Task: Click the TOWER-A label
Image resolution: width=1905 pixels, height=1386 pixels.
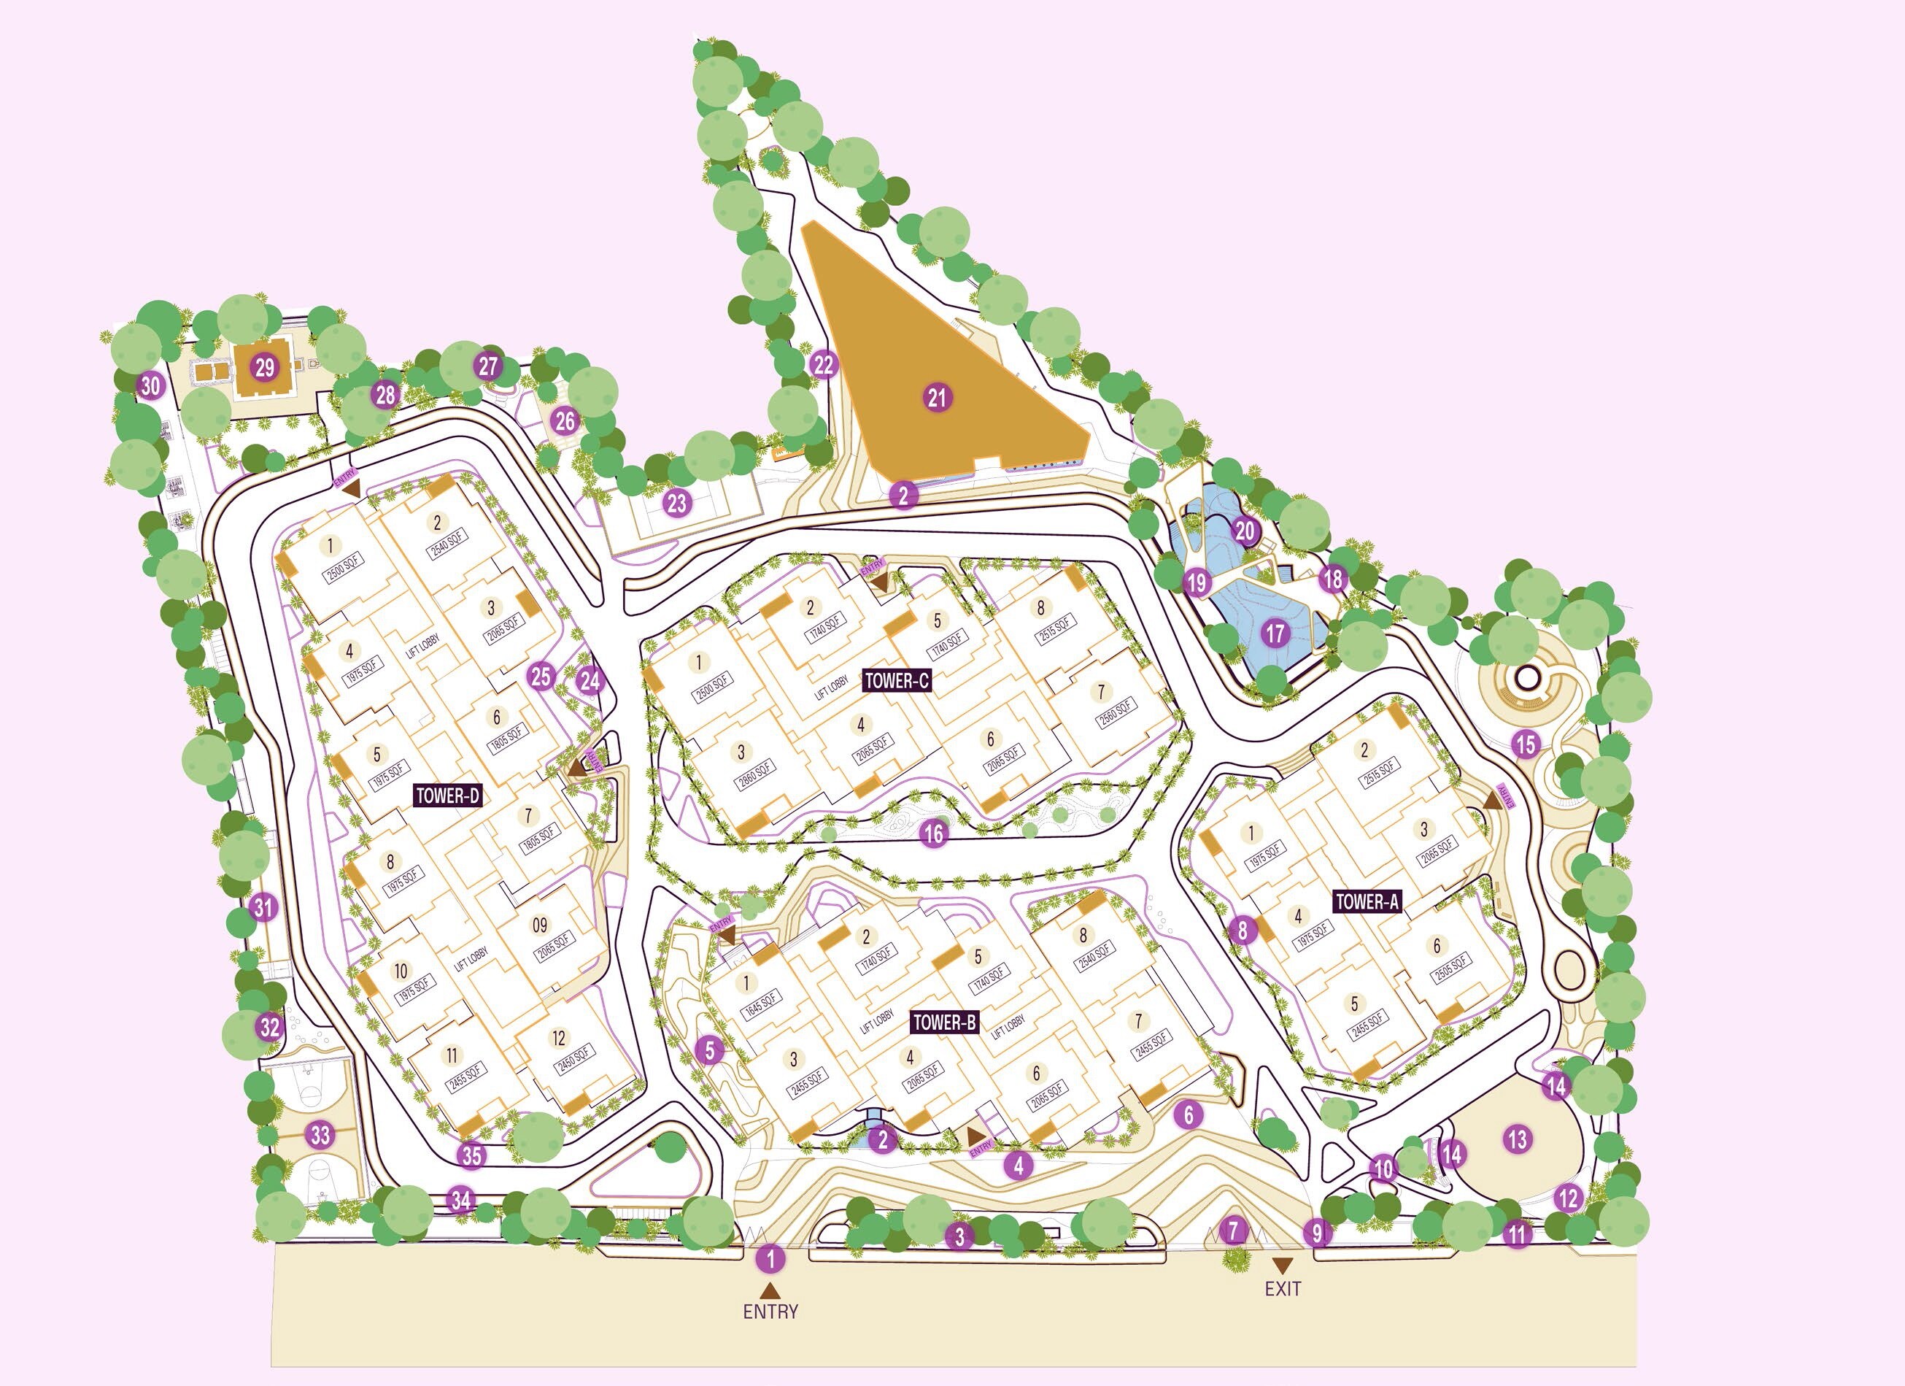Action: coord(1367,902)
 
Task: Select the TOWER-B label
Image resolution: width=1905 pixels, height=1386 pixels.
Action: coord(945,1023)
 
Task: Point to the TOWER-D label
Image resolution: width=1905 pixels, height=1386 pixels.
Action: coord(449,796)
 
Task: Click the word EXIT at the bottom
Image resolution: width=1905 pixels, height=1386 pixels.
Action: coord(1283,1288)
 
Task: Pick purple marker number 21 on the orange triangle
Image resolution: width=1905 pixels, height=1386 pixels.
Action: coord(938,397)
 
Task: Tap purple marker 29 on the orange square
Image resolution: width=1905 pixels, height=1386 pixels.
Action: coord(265,367)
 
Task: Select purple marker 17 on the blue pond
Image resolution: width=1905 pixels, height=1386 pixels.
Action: coord(1276,634)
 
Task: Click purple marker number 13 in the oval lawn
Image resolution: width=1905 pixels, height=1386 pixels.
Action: coord(1517,1139)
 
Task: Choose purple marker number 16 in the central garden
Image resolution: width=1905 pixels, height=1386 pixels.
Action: coord(933,833)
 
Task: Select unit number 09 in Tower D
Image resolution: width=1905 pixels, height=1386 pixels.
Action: coord(540,925)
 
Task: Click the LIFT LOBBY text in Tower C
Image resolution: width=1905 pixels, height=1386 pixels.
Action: coord(832,686)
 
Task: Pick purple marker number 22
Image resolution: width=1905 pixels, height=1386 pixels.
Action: coord(824,364)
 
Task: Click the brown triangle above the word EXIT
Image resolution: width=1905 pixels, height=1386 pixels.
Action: coord(1283,1265)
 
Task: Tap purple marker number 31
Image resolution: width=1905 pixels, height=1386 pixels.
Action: coord(263,907)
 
